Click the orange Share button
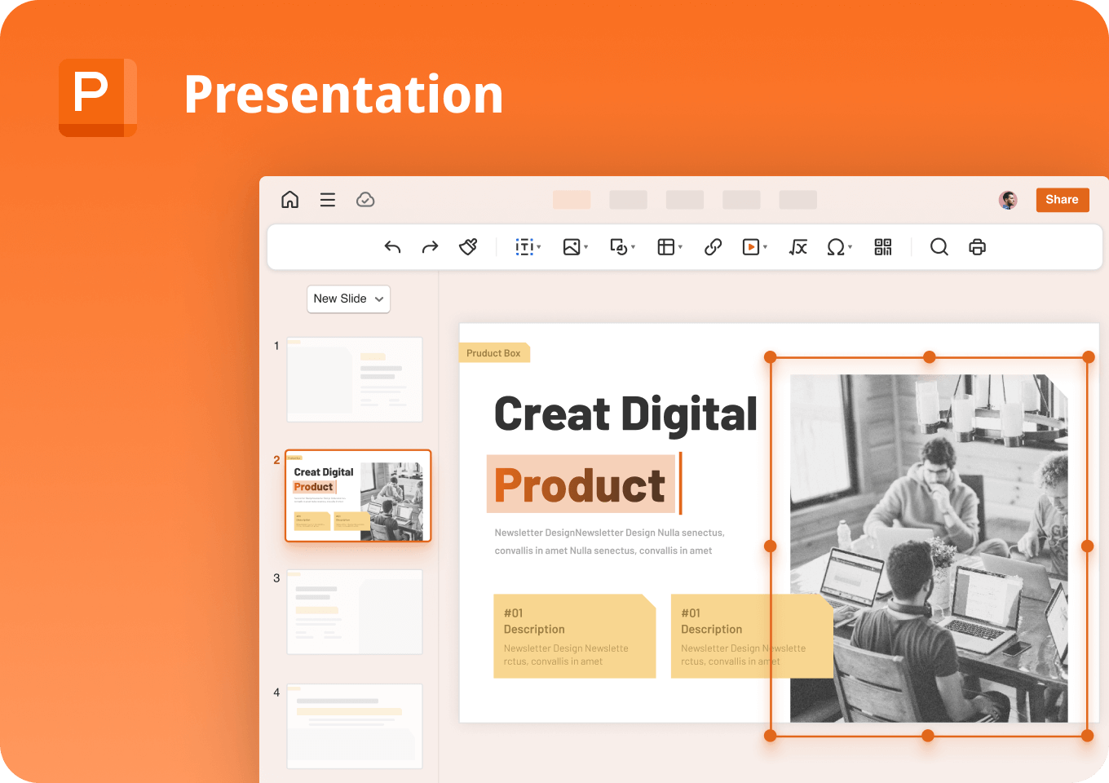coord(1062,200)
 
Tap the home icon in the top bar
coord(289,200)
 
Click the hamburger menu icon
coord(328,200)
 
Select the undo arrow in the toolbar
coord(392,247)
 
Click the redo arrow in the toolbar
coord(430,247)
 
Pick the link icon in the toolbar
coord(713,247)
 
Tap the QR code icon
coord(882,247)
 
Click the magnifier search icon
coord(939,247)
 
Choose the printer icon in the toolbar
coord(977,247)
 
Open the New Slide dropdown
coord(348,299)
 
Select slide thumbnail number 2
coord(358,496)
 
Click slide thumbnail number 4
coord(355,725)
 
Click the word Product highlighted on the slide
coord(580,485)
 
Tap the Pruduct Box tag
coord(493,353)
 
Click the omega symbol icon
coord(836,247)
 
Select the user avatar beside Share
coord(1008,200)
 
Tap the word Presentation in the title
coord(343,95)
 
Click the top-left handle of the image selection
coord(770,357)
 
